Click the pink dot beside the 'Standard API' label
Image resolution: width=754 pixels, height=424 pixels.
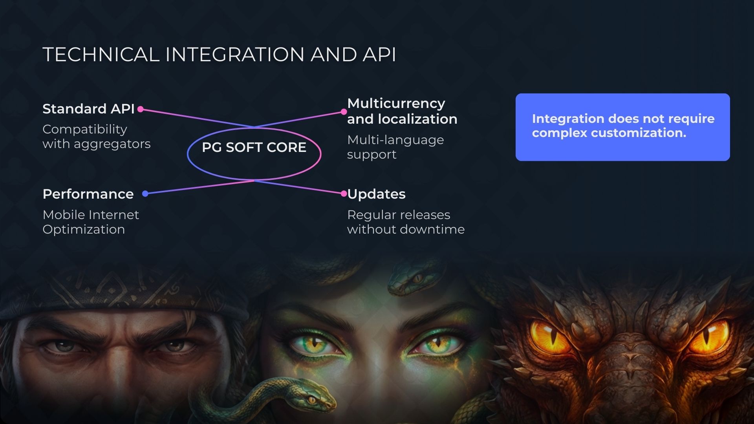click(x=140, y=110)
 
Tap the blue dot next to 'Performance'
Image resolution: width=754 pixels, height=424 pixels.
click(x=145, y=194)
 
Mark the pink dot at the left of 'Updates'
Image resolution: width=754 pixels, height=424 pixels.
click(x=344, y=194)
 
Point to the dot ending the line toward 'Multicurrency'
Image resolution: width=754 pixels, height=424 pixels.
click(x=344, y=112)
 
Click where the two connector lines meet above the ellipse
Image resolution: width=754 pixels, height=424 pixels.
click(x=254, y=127)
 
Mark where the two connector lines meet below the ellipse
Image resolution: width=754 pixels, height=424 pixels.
click(x=254, y=181)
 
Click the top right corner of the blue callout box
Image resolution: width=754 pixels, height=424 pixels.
click(x=730, y=94)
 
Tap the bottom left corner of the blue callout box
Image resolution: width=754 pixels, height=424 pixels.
click(x=516, y=161)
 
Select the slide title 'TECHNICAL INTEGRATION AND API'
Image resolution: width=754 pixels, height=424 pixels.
click(x=219, y=54)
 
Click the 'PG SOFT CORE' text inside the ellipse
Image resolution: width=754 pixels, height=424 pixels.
click(x=254, y=147)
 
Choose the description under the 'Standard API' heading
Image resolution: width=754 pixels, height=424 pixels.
click(x=97, y=137)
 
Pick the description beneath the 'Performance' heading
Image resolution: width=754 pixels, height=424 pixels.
click(x=91, y=222)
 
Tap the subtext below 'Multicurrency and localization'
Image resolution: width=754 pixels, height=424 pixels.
click(x=395, y=147)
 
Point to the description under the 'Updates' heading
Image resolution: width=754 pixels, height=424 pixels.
click(x=406, y=222)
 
